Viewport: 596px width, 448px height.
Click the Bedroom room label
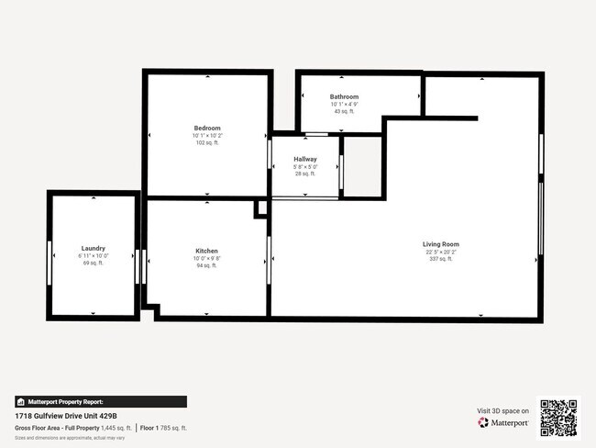point(206,128)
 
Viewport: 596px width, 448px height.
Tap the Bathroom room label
point(344,96)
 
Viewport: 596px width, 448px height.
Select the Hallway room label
point(305,159)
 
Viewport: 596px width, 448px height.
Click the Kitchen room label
point(206,251)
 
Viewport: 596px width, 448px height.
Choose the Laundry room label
point(93,248)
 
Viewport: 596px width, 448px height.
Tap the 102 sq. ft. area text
point(206,143)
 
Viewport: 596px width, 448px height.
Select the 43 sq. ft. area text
point(344,112)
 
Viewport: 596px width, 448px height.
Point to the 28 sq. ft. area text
point(305,174)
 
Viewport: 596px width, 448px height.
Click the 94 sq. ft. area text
point(206,266)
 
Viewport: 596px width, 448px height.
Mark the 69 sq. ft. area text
point(93,263)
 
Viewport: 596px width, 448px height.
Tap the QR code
point(558,418)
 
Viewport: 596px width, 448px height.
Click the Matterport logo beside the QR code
point(502,423)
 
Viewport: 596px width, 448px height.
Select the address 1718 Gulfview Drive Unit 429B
point(70,415)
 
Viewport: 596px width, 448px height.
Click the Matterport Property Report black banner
point(101,401)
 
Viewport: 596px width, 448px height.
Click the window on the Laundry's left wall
point(50,254)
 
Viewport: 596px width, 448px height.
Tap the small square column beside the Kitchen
point(260,209)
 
